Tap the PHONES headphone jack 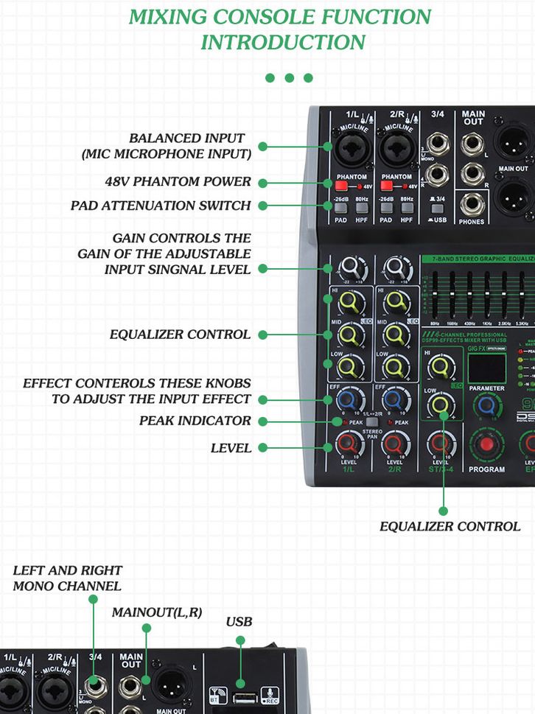click(x=472, y=203)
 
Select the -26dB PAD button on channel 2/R click(x=386, y=208)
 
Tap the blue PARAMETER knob click(x=486, y=407)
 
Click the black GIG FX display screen click(x=486, y=367)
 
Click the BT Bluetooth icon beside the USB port click(x=217, y=696)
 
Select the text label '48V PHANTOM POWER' click(x=178, y=182)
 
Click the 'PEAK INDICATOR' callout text click(x=195, y=421)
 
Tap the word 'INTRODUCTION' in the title click(x=282, y=42)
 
